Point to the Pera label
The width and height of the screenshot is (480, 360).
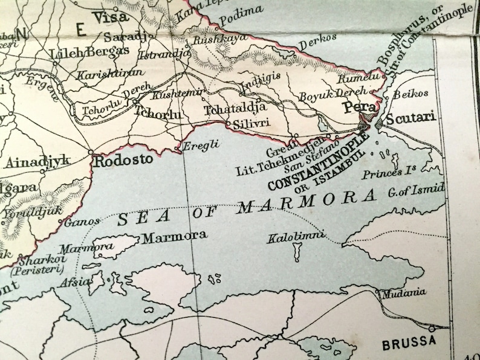coord(355,108)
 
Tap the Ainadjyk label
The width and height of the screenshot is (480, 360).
coord(39,162)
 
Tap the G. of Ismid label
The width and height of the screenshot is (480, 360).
coord(417,191)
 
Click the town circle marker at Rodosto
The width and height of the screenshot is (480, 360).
coord(91,153)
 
